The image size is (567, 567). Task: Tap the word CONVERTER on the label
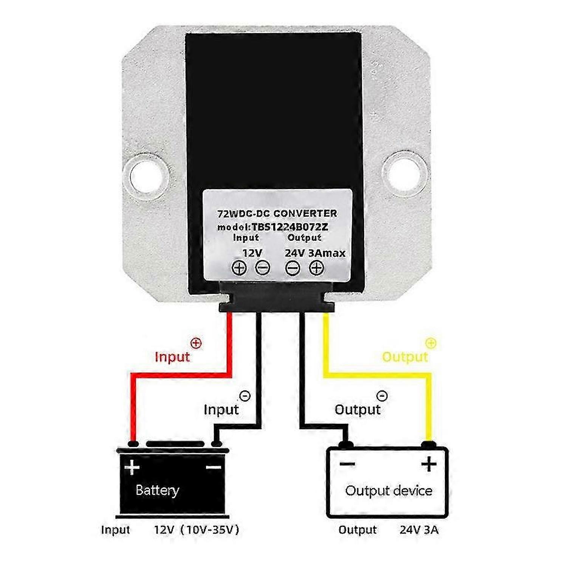305,214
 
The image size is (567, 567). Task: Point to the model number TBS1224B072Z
290,227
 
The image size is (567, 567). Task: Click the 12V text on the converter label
252,253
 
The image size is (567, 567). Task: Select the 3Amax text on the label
327,253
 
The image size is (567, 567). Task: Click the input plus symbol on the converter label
239,268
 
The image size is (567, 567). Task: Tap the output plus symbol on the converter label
316,268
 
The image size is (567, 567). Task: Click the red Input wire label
172,357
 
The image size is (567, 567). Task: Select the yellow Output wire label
405,357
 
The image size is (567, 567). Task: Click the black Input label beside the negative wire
221,409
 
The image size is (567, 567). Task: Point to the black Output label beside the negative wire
358,409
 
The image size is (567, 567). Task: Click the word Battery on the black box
157,490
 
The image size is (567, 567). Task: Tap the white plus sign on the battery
132,467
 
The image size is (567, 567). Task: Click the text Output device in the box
389,491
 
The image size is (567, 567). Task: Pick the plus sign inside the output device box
429,464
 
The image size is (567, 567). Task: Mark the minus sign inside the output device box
347,464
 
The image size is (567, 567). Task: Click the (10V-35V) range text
209,530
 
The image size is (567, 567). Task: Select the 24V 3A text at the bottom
419,530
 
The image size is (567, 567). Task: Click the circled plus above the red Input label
196,343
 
